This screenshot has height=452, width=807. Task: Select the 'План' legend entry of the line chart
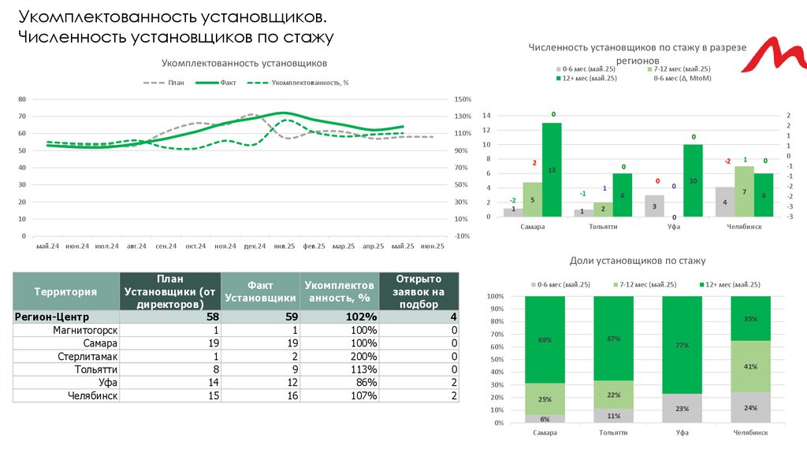pos(167,82)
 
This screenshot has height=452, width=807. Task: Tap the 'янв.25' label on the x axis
pos(284,246)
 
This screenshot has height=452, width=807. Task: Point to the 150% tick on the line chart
pos(463,99)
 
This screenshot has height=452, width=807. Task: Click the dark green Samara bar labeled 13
pos(552,169)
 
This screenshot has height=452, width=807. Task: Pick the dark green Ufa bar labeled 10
pos(693,180)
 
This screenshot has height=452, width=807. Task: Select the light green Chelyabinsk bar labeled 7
pos(744,191)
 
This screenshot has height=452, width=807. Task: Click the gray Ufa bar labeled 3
pos(654,206)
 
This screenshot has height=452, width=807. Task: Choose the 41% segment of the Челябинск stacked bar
pos(751,366)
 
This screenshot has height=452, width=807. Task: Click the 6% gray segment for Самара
pos(545,419)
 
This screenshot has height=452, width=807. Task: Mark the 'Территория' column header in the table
pos(65,291)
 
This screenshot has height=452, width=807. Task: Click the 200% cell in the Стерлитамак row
pos(339,356)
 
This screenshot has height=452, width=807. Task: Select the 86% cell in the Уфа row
pos(339,382)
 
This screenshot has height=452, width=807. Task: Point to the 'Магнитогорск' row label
pos(85,330)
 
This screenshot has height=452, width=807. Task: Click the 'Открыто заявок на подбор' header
pos(419,291)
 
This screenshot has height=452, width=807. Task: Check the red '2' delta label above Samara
pos(534,163)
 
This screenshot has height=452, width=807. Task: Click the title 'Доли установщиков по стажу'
pos(637,260)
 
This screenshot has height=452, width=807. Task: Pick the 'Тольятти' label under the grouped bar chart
pos(603,226)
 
